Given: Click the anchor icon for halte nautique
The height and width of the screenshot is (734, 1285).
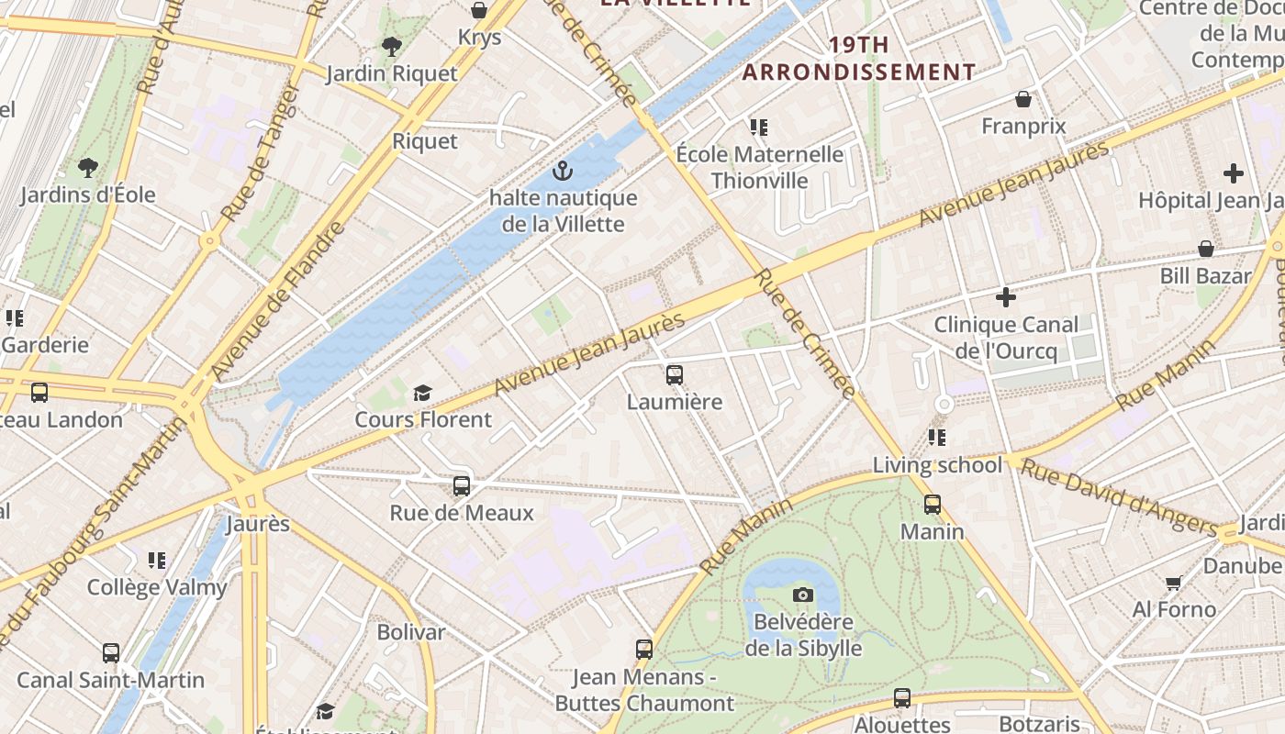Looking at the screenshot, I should pos(562,171).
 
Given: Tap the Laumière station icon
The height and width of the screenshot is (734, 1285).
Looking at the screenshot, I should pos(675,374).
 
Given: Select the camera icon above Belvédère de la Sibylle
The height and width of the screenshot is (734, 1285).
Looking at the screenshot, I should pos(803,595).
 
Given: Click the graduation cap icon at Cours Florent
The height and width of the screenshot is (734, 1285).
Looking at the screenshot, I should pos(422,393).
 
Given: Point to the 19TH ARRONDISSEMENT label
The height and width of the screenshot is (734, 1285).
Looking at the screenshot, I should pos(858,58).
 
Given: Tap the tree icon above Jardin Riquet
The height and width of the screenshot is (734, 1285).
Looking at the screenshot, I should pos(392,46).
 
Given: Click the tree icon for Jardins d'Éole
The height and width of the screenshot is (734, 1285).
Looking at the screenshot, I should pos(88,168).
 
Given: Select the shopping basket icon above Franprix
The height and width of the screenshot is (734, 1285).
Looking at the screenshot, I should pos(1023,99).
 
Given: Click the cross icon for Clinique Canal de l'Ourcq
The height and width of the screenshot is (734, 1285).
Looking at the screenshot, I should pos(1006,297).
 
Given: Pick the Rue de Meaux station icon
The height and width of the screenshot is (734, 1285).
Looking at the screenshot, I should pos(462,485).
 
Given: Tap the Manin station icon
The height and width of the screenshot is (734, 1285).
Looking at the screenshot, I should pos(933,504).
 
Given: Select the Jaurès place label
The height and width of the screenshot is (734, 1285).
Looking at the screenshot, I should pos(258,524).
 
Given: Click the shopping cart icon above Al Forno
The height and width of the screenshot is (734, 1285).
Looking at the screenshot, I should pos(1173,583).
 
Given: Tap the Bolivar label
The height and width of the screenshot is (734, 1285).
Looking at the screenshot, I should pos(410,632).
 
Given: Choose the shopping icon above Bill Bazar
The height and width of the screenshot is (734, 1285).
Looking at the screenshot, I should pos(1206,249).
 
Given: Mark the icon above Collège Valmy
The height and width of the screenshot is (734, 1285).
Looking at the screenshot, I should pos(157,560).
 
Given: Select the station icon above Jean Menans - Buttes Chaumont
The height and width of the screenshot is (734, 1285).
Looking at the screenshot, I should pos(644,650).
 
